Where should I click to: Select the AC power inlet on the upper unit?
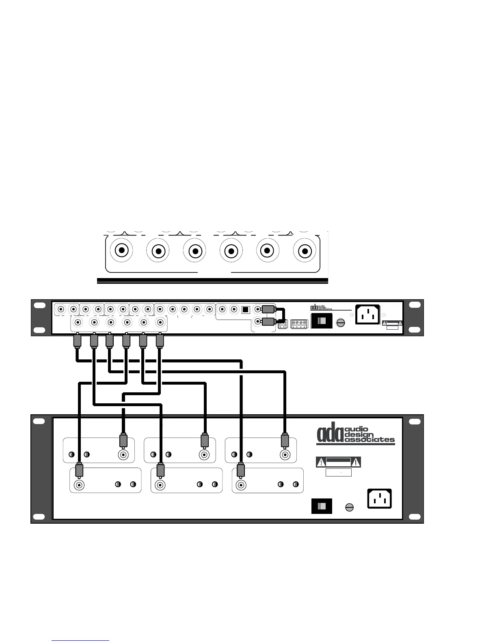[368, 315]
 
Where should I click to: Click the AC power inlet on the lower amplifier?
[379, 498]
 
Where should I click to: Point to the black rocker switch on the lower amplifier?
[322, 507]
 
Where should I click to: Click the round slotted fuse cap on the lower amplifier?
[349, 507]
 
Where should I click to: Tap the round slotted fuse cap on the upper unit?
[341, 322]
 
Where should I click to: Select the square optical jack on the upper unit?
[245, 309]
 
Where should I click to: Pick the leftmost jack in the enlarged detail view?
[121, 250]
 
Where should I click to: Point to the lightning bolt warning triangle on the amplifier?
[321, 462]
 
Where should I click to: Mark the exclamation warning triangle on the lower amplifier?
[356, 462]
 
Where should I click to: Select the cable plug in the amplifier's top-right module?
[285, 440]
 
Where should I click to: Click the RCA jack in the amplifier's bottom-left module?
[79, 485]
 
